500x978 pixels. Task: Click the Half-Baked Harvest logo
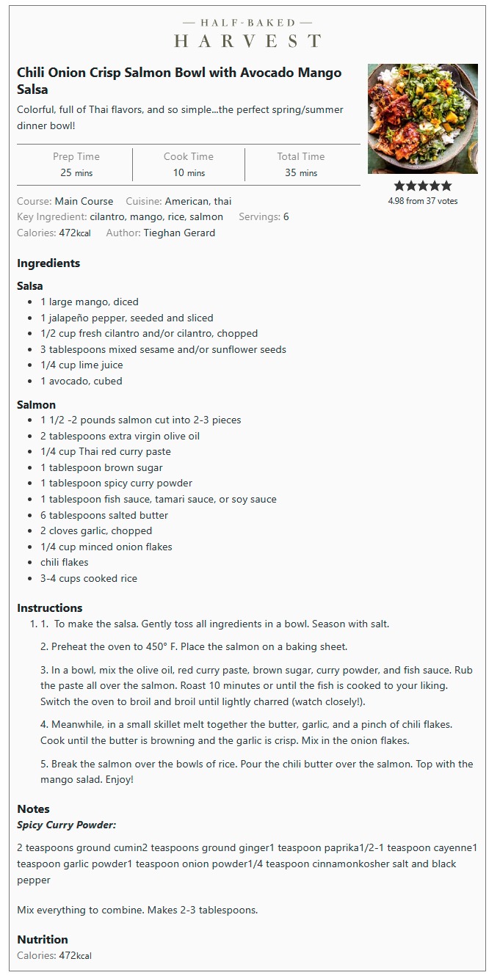click(247, 33)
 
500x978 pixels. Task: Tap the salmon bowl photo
click(422, 119)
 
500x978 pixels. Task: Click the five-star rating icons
click(422, 186)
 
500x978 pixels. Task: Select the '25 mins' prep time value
click(76, 173)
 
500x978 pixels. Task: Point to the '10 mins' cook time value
click(189, 173)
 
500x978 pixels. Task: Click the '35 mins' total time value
click(301, 173)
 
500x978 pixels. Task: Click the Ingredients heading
click(48, 263)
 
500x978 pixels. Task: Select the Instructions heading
click(50, 608)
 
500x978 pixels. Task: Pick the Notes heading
click(33, 809)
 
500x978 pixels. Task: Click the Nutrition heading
click(43, 940)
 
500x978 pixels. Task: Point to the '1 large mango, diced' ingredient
click(90, 302)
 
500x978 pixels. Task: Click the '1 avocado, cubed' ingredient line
click(81, 381)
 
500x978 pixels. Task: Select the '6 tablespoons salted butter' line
click(104, 515)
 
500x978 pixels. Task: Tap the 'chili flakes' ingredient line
click(65, 562)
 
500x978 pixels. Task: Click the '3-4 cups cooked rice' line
click(89, 578)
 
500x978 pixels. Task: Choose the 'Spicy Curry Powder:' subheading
click(67, 825)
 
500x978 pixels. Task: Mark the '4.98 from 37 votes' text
click(422, 201)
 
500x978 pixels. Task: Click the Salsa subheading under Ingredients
click(30, 286)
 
